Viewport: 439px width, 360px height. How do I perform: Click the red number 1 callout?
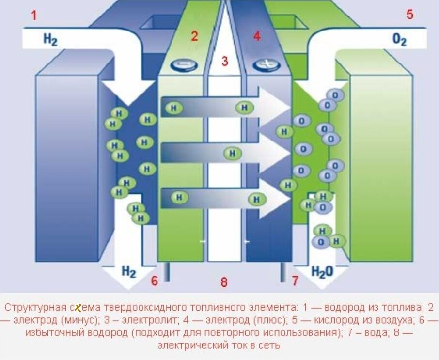pyautogui.click(x=34, y=15)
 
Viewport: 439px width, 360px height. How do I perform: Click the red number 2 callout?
pyautogui.click(x=194, y=36)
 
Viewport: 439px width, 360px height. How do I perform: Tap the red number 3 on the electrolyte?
pyautogui.click(x=224, y=61)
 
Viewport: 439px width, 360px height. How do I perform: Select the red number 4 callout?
pyautogui.click(x=256, y=36)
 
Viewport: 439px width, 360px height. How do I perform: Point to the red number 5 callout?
pyautogui.click(x=410, y=15)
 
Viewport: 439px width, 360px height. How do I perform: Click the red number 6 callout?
pyautogui.click(x=155, y=281)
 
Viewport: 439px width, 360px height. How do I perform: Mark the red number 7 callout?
pyautogui.click(x=295, y=281)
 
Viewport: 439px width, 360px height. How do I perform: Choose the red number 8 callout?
pyautogui.click(x=224, y=282)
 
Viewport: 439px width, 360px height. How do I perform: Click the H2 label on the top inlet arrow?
pyautogui.click(x=50, y=39)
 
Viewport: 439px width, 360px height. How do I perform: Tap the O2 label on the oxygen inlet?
pyautogui.click(x=399, y=40)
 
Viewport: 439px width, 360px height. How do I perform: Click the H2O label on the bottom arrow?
pyautogui.click(x=322, y=271)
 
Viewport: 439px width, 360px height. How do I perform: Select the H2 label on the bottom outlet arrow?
pyautogui.click(x=128, y=271)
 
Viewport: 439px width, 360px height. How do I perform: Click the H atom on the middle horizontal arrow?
pyautogui.click(x=233, y=154)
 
